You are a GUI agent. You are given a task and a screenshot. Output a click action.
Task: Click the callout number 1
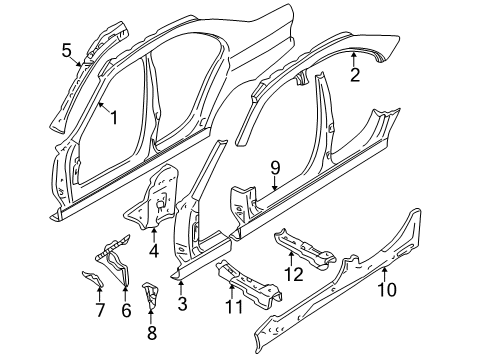[x=114, y=117]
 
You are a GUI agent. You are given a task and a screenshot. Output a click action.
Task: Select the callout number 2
[x=354, y=73]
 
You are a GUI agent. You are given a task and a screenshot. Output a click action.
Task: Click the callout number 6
[x=126, y=309]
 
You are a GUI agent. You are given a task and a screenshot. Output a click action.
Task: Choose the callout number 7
[x=99, y=309]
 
